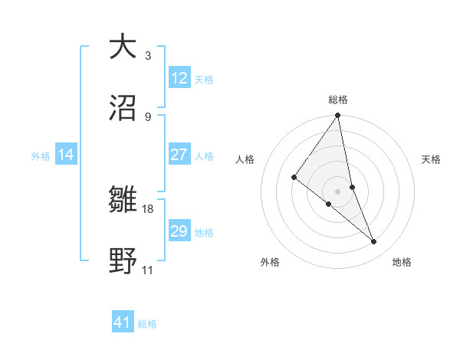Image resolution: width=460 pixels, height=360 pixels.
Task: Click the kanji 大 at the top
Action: (123, 47)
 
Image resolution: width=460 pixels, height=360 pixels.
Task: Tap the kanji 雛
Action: (123, 201)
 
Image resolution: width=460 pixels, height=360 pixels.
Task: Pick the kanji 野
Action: (123, 261)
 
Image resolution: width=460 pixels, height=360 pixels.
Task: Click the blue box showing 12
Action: (179, 78)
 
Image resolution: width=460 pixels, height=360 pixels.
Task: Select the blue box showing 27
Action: (179, 155)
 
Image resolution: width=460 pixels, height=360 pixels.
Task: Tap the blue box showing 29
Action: (179, 231)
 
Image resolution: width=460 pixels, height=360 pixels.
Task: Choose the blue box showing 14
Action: (66, 155)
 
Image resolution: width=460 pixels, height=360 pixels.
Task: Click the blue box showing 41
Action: (123, 322)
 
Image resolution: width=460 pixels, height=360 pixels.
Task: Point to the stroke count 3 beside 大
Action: (148, 56)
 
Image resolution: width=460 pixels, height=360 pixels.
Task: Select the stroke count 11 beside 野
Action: (147, 270)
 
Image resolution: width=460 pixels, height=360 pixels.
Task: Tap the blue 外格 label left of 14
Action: (41, 156)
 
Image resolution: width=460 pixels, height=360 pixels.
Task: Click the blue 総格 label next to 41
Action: (147, 324)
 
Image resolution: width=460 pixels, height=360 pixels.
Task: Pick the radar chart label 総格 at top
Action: (338, 100)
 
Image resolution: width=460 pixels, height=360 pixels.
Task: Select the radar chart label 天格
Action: (432, 159)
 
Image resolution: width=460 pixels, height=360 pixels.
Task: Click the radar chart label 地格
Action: (402, 262)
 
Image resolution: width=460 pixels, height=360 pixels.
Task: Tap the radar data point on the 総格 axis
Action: (338, 116)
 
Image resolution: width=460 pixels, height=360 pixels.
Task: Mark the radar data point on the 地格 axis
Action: (374, 242)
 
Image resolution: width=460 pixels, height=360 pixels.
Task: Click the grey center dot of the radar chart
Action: (338, 191)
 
